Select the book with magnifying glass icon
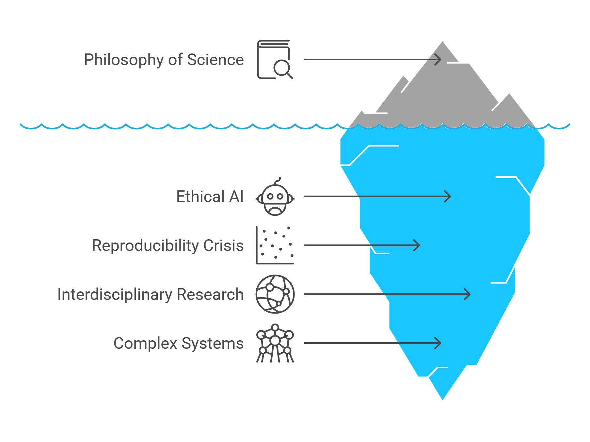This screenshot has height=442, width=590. tap(275, 60)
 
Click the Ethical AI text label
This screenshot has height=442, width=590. tap(210, 197)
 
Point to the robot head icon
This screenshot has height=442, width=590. tap(275, 197)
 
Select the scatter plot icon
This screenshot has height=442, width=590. tap(275, 245)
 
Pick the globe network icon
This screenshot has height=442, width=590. tap(275, 294)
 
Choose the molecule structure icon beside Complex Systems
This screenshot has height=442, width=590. tap(275, 343)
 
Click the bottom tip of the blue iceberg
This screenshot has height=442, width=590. tap(442, 398)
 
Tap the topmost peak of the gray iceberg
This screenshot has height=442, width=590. tap(442, 43)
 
